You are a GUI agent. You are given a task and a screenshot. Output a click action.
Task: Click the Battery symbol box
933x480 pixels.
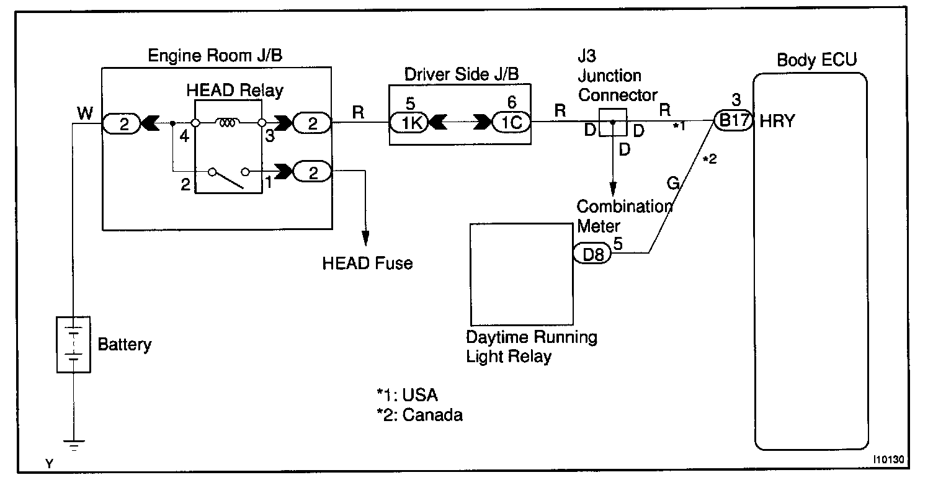coord(73,344)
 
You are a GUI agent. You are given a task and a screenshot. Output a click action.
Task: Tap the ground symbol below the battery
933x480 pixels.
coord(74,445)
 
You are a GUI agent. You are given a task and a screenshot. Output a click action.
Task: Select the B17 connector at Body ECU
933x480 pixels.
coord(733,121)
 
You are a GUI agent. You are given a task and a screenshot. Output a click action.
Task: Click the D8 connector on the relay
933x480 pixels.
coord(592,254)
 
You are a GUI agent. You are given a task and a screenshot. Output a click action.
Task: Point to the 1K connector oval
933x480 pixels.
coord(409,122)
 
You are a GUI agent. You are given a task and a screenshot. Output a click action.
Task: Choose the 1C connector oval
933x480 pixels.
coord(511,122)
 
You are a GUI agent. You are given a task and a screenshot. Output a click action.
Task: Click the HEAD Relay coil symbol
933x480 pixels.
coord(228,122)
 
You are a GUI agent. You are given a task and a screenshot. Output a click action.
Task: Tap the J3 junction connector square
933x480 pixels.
coord(613,122)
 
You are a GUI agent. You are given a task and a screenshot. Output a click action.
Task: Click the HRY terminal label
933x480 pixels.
coord(777,121)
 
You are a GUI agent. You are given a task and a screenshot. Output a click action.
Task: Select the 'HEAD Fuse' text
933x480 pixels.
coord(367,263)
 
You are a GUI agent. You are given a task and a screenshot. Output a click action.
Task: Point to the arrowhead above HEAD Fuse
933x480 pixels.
coord(365,238)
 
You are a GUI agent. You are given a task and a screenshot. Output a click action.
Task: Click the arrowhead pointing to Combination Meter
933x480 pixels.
coord(613,189)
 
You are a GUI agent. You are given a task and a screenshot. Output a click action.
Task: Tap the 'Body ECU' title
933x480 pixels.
coord(817,60)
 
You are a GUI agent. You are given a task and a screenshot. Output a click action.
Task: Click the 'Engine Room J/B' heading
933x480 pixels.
coord(215,55)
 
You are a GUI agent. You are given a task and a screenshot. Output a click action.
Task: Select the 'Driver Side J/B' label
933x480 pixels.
coord(462,74)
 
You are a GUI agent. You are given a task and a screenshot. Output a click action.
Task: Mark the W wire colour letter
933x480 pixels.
coord(85,113)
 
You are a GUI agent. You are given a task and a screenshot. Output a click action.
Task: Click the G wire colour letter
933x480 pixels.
coord(673,182)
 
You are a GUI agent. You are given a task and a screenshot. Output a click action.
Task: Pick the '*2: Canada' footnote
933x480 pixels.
coord(419,415)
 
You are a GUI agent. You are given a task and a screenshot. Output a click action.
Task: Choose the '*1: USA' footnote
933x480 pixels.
coord(407,394)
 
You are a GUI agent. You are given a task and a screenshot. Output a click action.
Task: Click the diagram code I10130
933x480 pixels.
coord(888,459)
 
